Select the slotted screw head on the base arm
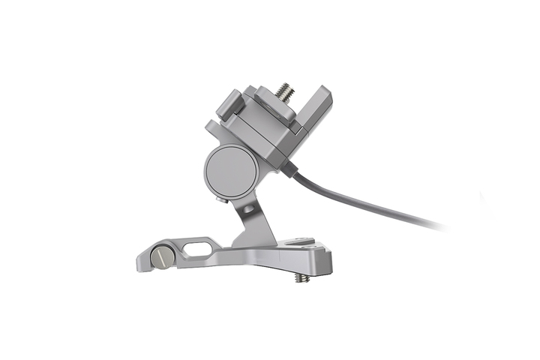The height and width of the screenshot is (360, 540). [163, 257]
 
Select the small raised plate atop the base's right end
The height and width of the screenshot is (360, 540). [301, 242]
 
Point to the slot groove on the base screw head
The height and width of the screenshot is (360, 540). [163, 257]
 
